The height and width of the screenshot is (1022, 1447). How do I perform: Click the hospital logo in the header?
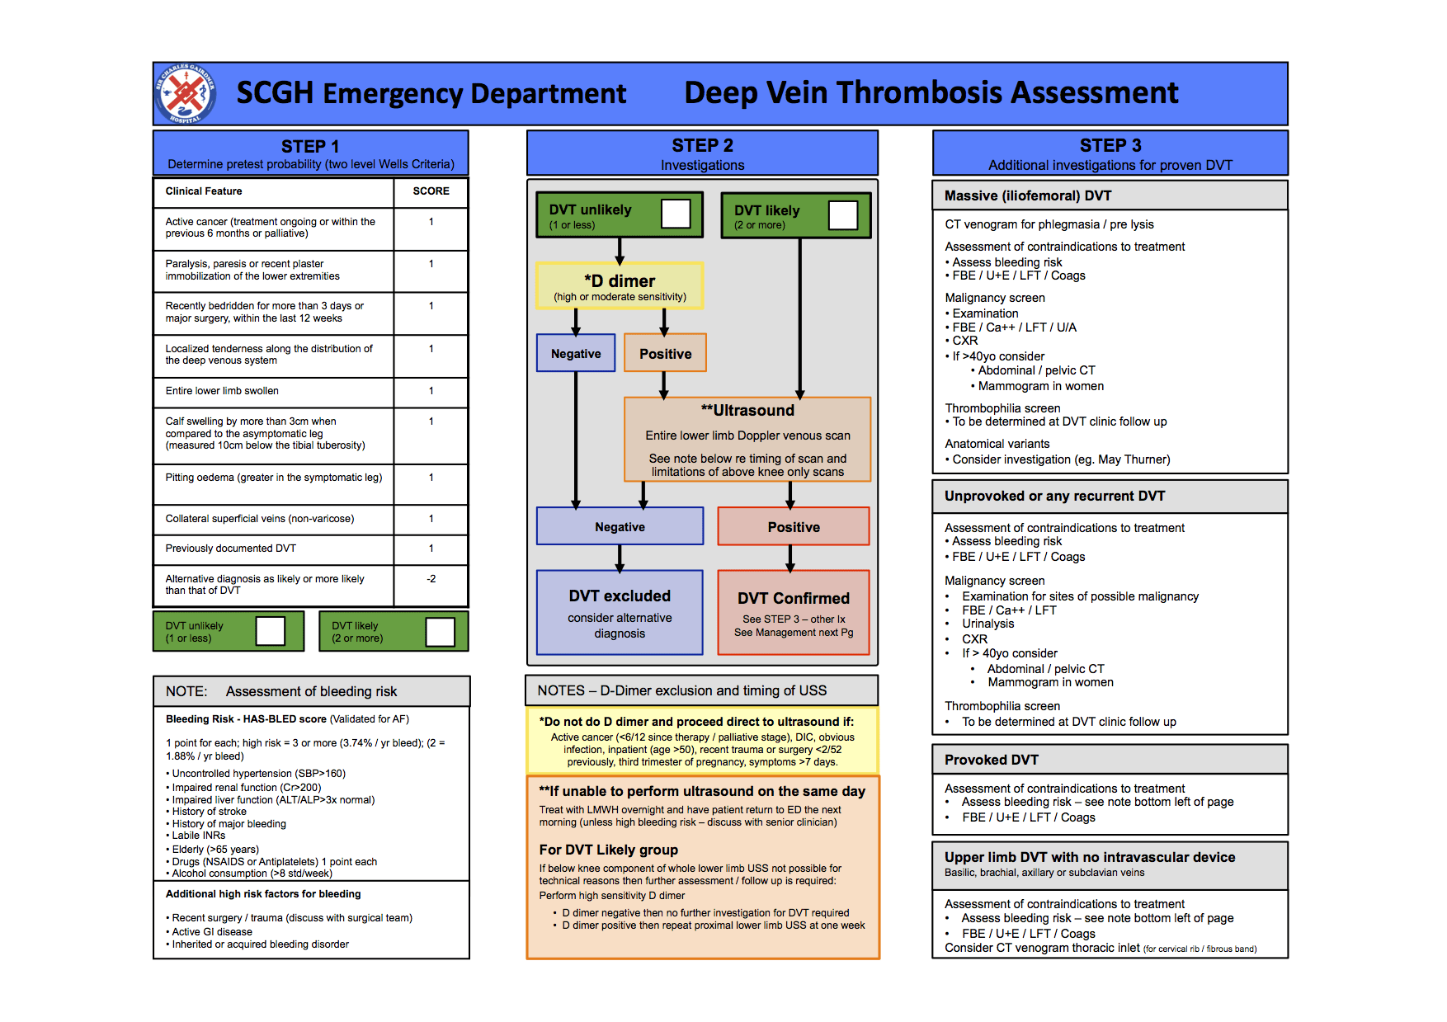pos(186,93)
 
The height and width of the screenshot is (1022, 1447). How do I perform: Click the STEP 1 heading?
pos(310,146)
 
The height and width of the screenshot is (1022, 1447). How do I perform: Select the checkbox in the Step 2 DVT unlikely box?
pos(676,214)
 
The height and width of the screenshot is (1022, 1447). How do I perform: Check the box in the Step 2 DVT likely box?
pos(843,215)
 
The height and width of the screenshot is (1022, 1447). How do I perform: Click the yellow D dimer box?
pos(620,286)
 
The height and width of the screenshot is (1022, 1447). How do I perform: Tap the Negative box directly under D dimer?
pos(576,353)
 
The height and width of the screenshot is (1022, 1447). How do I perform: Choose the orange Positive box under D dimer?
pos(665,353)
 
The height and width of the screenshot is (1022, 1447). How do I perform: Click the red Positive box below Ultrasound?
pos(794,526)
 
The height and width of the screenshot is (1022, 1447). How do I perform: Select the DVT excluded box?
pos(620,612)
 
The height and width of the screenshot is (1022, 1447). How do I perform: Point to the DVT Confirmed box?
pos(794,612)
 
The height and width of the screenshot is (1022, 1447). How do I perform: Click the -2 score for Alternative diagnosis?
pos(431,579)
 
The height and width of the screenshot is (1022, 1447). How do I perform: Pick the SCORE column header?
pos(431,191)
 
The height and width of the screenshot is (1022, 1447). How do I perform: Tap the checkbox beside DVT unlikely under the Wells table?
pos(270,631)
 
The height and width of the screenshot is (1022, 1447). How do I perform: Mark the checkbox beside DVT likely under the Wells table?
pos(440,632)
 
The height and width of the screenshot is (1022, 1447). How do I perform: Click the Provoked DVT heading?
pos(992,760)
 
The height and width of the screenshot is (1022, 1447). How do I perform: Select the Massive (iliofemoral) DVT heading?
pos(1028,195)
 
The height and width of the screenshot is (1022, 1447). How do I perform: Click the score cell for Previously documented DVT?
pos(431,549)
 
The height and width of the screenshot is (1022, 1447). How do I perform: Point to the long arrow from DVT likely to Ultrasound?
pos(799,318)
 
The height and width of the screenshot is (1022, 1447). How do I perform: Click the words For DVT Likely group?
pos(609,850)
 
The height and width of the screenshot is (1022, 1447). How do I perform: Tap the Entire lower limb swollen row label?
pos(222,391)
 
